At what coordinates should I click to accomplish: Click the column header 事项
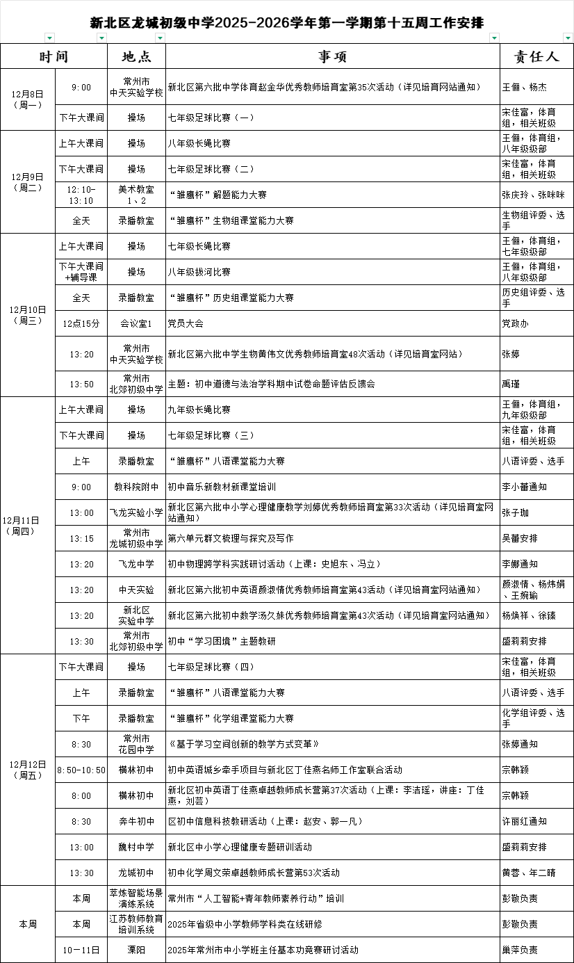tap(332, 56)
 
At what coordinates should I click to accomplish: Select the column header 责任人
tap(536, 56)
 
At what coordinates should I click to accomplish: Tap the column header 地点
tap(136, 56)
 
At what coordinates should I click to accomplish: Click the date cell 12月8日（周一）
tap(28, 99)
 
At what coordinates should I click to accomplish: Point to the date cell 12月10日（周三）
tap(28, 315)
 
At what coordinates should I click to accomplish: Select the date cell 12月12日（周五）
tap(28, 770)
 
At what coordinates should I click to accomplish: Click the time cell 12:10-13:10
tap(81, 195)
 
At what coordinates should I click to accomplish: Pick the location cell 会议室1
tap(136, 323)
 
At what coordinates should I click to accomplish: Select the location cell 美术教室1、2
tap(136, 195)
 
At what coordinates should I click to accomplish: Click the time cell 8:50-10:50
tap(81, 770)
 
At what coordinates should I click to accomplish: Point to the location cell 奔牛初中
tap(136, 821)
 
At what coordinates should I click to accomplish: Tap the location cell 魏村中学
tap(136, 847)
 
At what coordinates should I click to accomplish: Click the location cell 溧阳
tap(136, 950)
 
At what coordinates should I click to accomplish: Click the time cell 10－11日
tap(81, 950)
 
